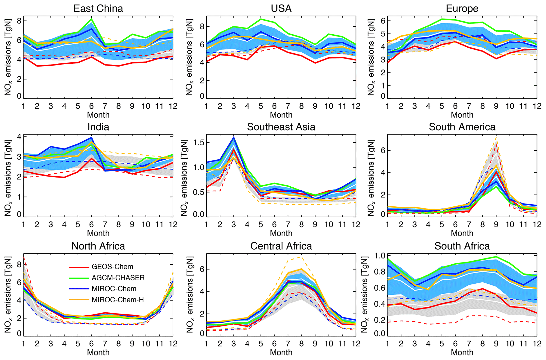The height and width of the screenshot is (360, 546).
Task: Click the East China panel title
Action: click(x=98, y=8)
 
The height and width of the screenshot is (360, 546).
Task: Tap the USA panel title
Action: click(x=281, y=8)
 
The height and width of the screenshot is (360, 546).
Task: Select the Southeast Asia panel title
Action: click(x=281, y=127)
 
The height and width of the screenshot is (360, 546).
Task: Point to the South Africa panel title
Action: click(x=462, y=246)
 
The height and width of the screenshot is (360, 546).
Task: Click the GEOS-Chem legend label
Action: click(x=112, y=267)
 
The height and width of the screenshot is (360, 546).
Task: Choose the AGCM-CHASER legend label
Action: click(x=118, y=278)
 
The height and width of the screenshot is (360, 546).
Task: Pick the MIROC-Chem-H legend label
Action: click(x=118, y=300)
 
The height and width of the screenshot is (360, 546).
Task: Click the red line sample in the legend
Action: click(x=79, y=267)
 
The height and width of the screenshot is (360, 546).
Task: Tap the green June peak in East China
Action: click(x=91, y=19)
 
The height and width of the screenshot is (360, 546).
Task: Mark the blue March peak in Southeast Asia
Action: click(x=234, y=137)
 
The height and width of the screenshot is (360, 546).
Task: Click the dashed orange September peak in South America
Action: click(x=496, y=137)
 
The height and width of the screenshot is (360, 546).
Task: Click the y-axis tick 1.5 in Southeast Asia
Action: click(x=198, y=143)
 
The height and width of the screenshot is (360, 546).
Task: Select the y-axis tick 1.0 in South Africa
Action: click(x=379, y=256)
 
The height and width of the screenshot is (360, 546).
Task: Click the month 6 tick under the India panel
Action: click(x=91, y=225)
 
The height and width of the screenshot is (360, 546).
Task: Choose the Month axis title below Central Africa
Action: click(x=281, y=353)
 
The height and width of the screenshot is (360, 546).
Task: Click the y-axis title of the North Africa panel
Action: click(x=8, y=294)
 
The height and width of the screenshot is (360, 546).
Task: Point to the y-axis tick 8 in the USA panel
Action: click(x=202, y=26)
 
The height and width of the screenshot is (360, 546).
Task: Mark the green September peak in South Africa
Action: click(x=496, y=257)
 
